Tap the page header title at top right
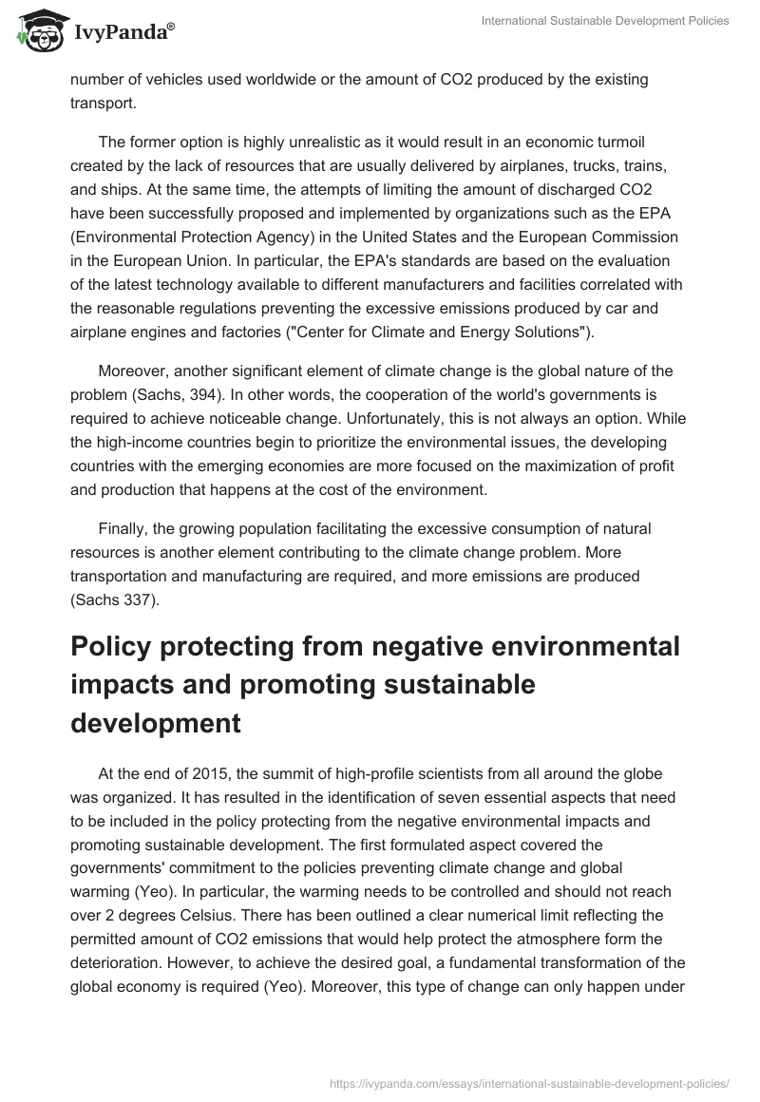click(604, 22)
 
